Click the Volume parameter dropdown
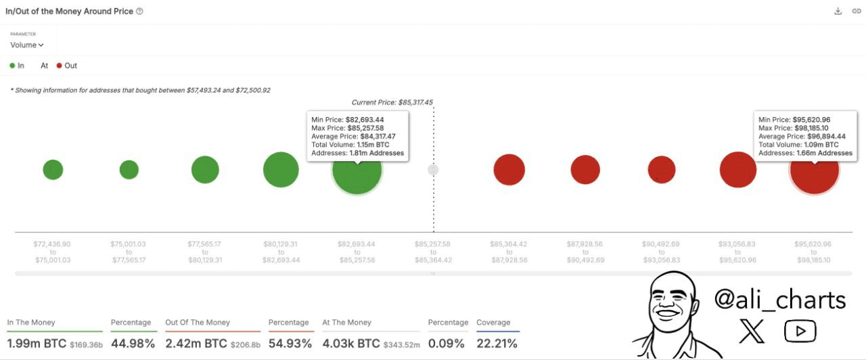pos(27,45)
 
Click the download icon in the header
pos(838,12)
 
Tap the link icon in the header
pos(856,12)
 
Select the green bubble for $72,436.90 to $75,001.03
pos(53,170)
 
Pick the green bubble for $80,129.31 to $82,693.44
pos(281,170)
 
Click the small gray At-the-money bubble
pos(433,170)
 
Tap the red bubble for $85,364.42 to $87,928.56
pos(509,170)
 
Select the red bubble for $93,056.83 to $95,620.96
pos(737,170)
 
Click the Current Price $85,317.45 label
pos(392,103)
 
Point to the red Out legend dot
pos(60,66)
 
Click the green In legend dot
pos(12,66)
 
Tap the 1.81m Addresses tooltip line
pos(357,153)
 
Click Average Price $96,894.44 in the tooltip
pos(802,136)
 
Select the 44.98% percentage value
pos(133,344)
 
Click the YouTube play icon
pos(800,331)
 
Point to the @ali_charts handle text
pos(779,300)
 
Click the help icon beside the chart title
pos(139,12)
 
